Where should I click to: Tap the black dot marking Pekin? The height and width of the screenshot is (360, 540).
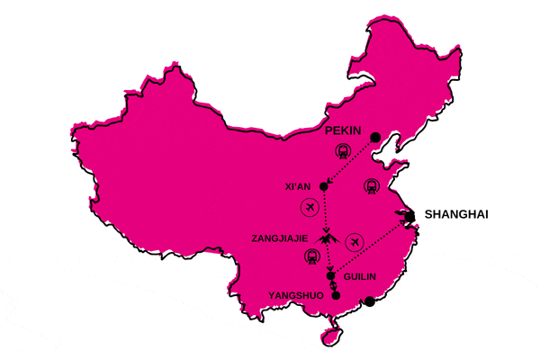tap(374, 137)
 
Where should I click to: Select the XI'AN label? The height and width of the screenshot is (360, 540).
tap(297, 187)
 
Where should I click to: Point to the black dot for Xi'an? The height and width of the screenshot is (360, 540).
tap(323, 187)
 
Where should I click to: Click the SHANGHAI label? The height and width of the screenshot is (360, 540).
tap(455, 214)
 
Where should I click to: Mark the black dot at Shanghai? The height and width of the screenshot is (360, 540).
tap(409, 216)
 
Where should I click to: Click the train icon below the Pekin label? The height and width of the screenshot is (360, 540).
tap(342, 151)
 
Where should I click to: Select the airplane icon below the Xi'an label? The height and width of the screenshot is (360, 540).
tap(310, 210)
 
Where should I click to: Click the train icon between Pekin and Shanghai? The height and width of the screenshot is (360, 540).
tap(372, 186)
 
